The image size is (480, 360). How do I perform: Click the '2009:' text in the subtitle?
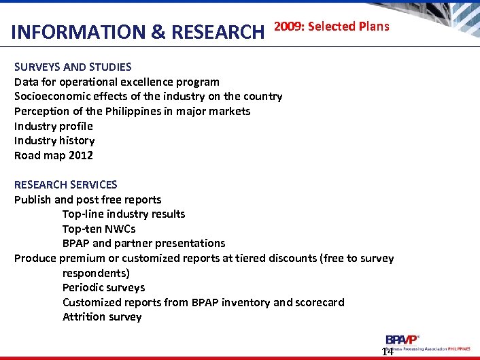click(288, 27)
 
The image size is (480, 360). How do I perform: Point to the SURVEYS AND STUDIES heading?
click(73, 67)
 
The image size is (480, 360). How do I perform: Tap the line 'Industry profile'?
click(54, 126)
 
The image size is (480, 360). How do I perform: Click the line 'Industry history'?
click(54, 140)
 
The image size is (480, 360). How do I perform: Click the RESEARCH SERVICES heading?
click(66, 184)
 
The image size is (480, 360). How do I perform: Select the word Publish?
click(33, 199)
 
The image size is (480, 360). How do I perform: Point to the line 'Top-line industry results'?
click(124, 214)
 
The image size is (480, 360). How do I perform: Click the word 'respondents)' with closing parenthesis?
click(96, 273)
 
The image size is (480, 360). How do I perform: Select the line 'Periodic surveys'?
click(103, 287)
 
